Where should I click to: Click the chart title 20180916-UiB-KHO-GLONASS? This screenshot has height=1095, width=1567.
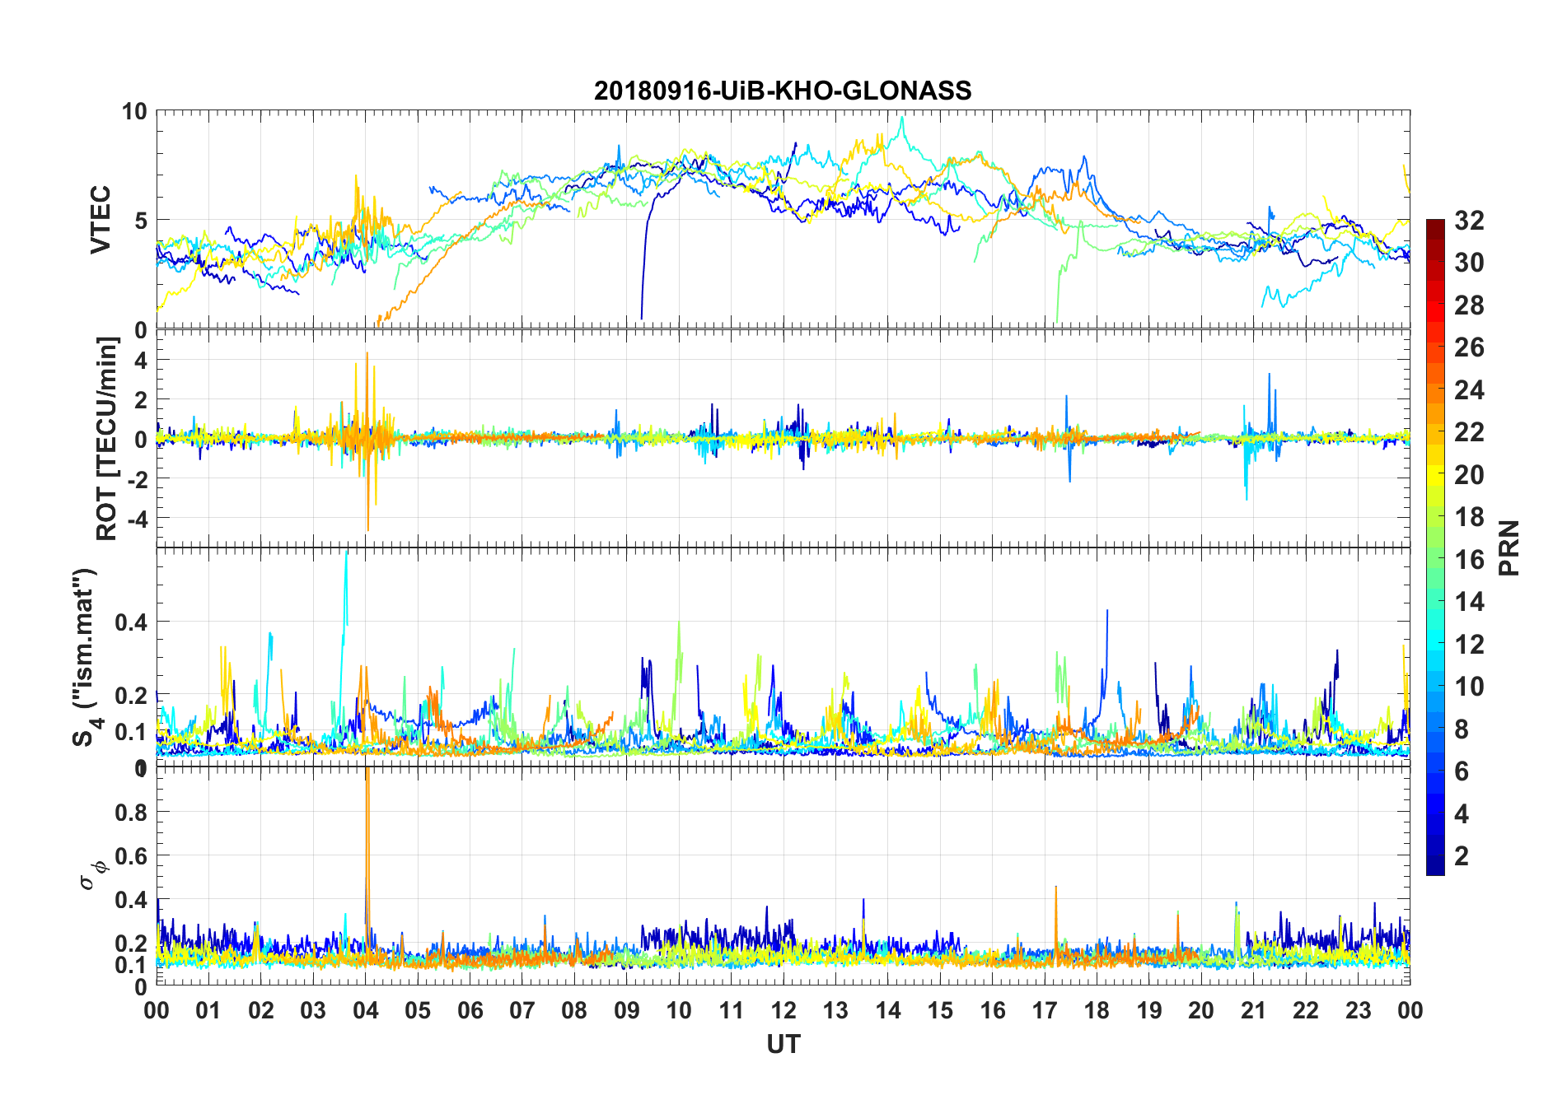coord(783,91)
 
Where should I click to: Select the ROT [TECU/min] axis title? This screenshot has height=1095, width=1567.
coord(107,438)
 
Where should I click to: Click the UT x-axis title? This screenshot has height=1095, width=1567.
coord(783,1045)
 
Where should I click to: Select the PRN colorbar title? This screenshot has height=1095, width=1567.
coord(1509,547)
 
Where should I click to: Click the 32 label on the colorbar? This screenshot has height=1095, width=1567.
coord(1469,221)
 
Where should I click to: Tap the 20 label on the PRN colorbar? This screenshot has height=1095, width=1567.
coord(1469,475)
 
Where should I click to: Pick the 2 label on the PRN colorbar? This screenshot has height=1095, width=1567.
coord(1462,856)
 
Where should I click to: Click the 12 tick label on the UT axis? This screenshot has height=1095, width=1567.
coord(783,1010)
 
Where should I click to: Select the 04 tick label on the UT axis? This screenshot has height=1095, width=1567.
coord(366,1010)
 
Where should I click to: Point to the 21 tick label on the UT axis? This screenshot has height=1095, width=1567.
coord(1253,1010)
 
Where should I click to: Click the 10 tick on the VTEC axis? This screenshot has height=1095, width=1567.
coord(134,111)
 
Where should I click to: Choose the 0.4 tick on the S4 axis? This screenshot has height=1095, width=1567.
coord(131,622)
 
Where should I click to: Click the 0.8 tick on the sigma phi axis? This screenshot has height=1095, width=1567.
coord(131,812)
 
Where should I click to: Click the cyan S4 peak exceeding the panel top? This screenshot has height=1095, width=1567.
coord(346,568)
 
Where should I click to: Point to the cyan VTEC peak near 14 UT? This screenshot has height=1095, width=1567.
coord(903,119)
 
